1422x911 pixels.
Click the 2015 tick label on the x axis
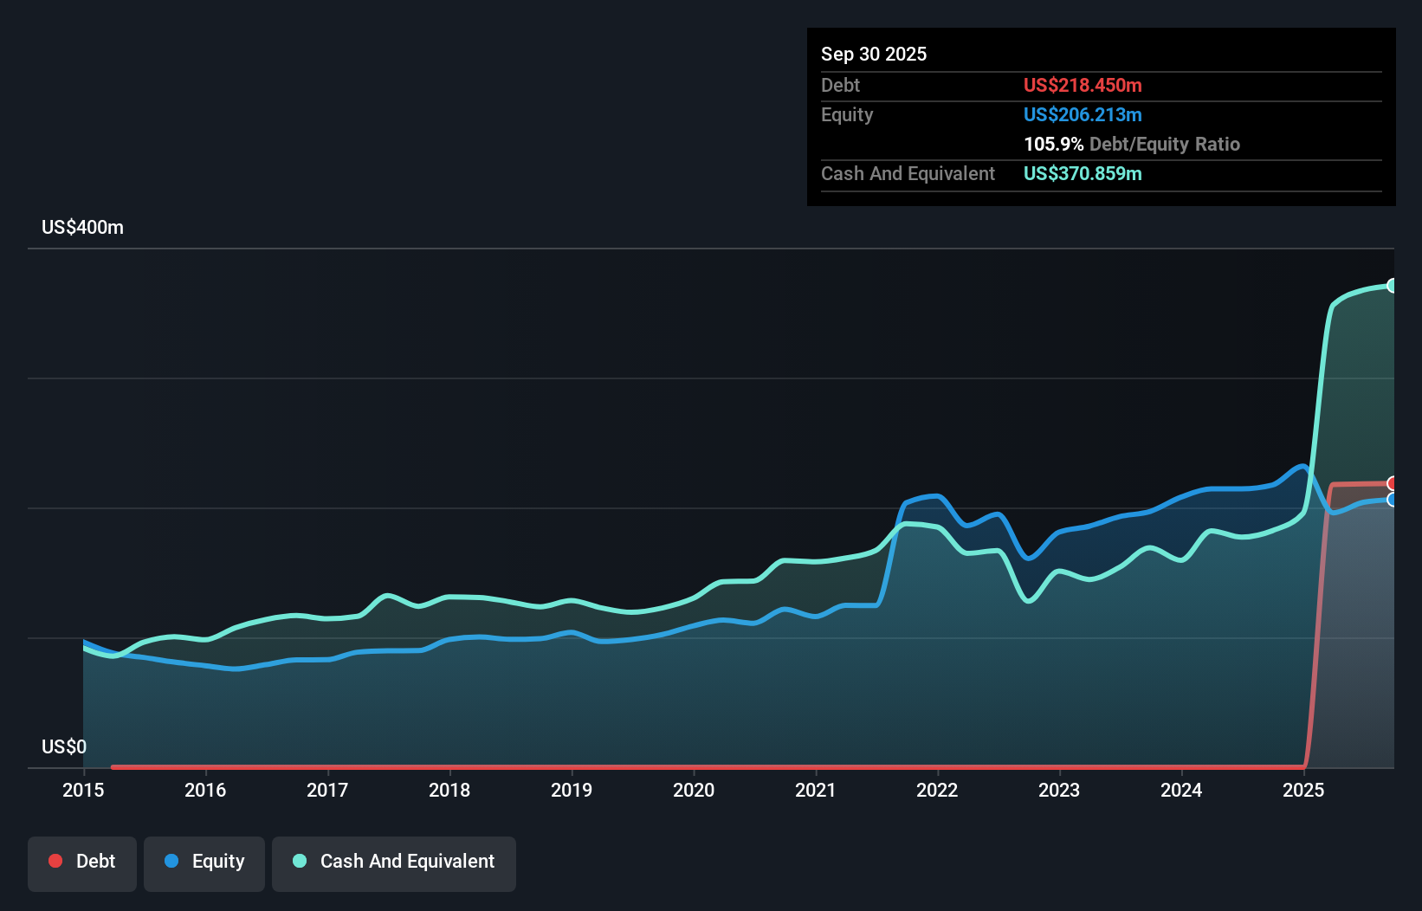83,790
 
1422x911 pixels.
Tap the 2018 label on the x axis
449,790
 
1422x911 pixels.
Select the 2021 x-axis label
816,790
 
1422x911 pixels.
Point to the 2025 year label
1303,790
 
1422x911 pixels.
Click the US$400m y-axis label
82,228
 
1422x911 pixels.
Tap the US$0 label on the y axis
64,746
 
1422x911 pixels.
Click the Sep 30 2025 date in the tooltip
874,54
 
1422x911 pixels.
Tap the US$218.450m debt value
1083,85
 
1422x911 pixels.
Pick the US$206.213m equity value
1083,114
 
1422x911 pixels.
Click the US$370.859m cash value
1083,173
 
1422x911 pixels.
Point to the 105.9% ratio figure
1053,144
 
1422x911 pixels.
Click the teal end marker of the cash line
1393,286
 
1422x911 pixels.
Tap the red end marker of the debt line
1393,483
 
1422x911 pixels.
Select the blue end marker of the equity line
1393,500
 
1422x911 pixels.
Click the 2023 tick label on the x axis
1059,790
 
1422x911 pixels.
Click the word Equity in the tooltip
847,114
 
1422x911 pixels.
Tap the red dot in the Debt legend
55,861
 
